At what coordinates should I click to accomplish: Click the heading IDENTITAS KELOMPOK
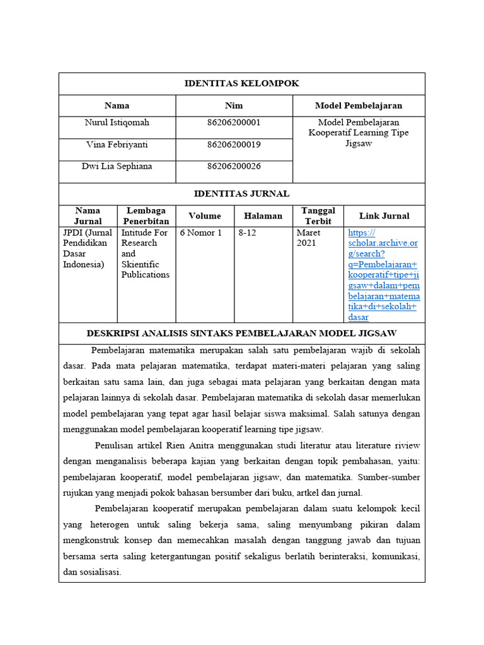[241, 83]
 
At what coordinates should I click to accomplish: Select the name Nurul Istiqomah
[117, 122]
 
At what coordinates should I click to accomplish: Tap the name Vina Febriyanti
[117, 144]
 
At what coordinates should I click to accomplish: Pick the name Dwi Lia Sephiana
[117, 166]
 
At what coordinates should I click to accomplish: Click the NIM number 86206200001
[234, 122]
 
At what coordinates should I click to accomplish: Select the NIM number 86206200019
[234, 144]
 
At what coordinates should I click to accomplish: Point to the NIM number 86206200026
[234, 166]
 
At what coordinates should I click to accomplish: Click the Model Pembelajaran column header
[358, 105]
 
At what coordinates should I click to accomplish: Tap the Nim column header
[234, 105]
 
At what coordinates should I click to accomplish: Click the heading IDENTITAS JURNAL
[241, 193]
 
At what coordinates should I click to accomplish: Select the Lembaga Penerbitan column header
[146, 215]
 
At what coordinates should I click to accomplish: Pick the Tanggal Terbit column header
[318, 215]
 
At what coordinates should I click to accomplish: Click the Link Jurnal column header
[384, 215]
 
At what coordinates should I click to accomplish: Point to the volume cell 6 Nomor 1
[201, 232]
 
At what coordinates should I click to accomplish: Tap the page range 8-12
[248, 232]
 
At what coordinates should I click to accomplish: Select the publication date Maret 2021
[309, 237]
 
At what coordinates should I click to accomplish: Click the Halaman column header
[263, 215]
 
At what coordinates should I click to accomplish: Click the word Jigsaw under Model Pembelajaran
[358, 144]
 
